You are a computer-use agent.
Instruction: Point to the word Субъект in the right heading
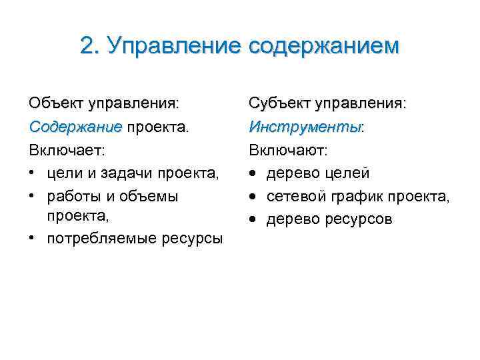(x=279, y=103)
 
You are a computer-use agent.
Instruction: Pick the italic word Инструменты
(x=304, y=127)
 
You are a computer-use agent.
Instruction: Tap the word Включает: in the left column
(x=67, y=150)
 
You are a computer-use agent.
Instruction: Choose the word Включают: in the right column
(x=288, y=150)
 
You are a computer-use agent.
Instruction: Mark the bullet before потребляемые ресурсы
(x=33, y=239)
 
